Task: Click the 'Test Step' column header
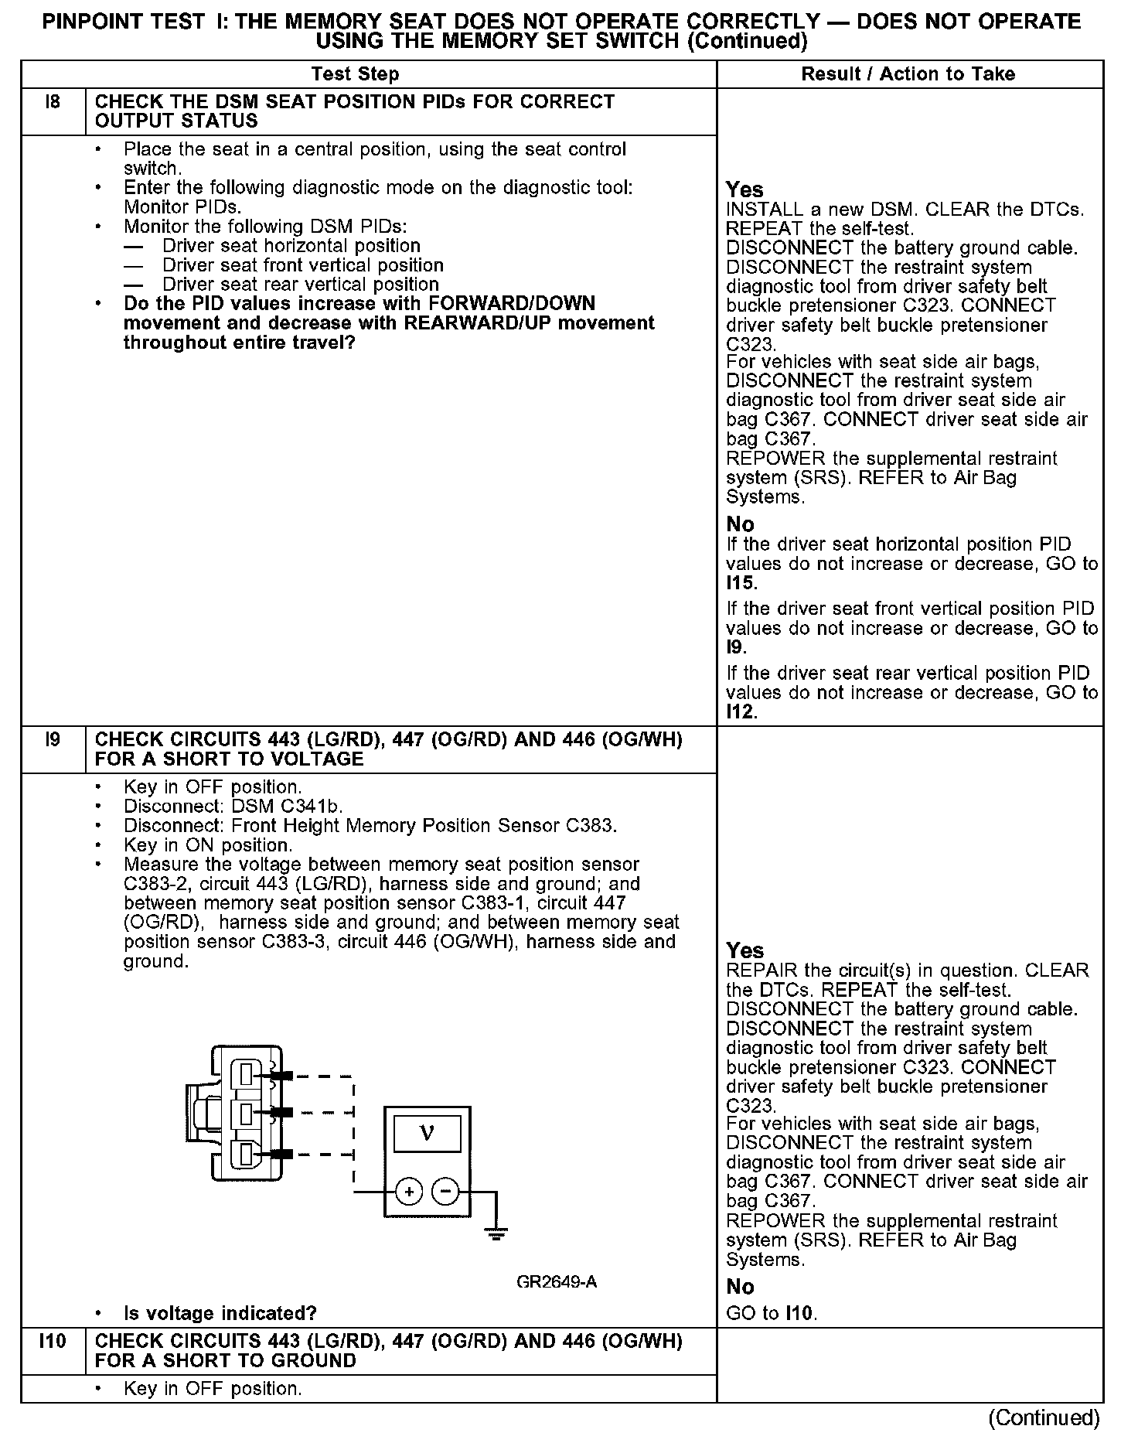355,74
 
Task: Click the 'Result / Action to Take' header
908,74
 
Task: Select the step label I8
53,102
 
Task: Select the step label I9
53,740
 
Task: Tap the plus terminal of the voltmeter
408,1192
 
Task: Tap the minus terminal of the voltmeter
445,1192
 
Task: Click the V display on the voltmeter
427,1134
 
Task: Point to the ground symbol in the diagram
496,1234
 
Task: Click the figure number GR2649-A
557,1282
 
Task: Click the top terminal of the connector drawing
246,1074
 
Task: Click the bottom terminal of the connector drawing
246,1155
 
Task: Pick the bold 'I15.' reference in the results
742,583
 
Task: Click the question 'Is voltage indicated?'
220,1314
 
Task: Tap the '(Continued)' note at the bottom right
1044,1417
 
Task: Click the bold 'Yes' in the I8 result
744,189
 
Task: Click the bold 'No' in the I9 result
740,1287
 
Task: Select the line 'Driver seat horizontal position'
291,246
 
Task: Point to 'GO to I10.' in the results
772,1313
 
